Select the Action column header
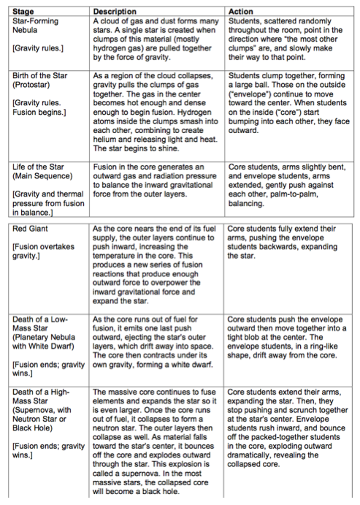coord(240,12)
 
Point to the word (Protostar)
coord(34,84)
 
